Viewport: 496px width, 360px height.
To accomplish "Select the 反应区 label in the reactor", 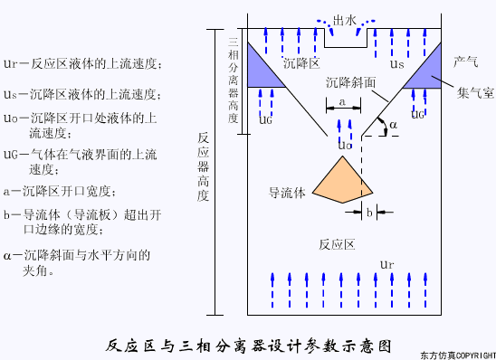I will point(340,245).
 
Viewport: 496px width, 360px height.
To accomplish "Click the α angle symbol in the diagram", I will point(391,123).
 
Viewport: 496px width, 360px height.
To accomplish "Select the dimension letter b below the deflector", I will point(370,212).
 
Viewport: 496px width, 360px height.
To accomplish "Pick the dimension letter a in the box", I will point(341,101).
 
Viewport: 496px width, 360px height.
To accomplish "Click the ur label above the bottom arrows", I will point(386,264).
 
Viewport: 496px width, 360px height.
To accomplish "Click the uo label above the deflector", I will point(343,144).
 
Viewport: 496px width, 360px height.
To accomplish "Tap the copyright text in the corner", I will point(458,355).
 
